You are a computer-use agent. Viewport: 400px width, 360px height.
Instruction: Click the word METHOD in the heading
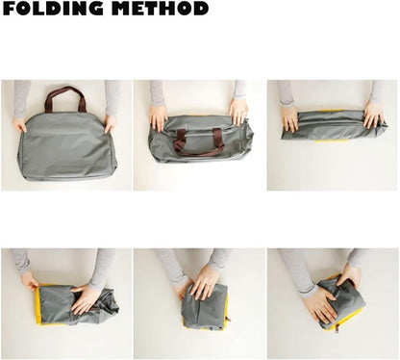point(159,10)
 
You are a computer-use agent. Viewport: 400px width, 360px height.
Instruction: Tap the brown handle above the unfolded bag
point(64,95)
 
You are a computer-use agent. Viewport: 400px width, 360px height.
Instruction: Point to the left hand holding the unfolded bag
point(20,124)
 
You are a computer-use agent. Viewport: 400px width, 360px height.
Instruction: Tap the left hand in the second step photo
point(159,116)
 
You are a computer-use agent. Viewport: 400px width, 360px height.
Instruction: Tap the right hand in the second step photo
point(237,110)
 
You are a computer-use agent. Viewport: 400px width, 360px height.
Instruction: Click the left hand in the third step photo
point(289,117)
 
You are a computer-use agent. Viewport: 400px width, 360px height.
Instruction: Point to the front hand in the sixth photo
point(317,306)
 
